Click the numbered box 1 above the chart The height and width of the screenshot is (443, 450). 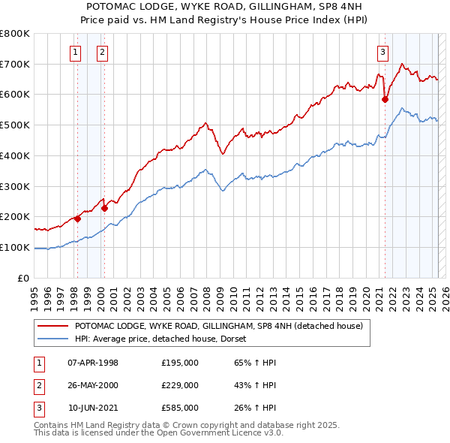tap(76, 53)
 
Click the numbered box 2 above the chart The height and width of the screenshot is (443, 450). tap(101, 53)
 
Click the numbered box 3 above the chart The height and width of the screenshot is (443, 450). tap(382, 53)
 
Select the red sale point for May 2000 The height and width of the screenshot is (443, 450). tap(105, 208)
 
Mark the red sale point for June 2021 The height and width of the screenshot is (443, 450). tap(385, 98)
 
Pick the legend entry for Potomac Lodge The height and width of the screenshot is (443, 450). tap(218, 326)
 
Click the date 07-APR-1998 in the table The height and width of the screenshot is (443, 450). tap(93, 363)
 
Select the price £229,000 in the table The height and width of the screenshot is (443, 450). tap(180, 385)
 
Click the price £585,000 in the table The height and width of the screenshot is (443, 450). tap(180, 408)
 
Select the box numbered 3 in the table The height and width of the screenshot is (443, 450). tap(36, 408)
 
